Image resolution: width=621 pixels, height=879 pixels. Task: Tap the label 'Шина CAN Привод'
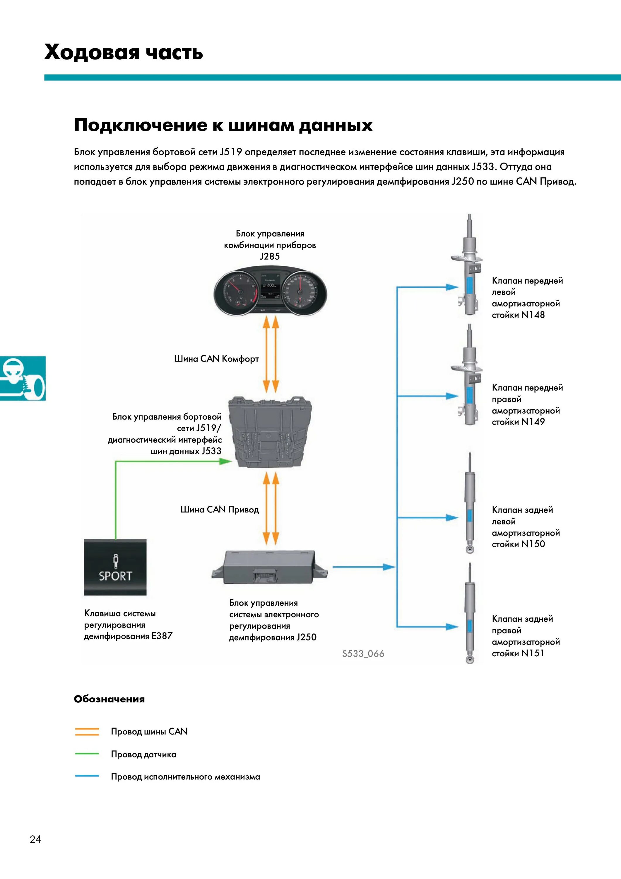pos(220,509)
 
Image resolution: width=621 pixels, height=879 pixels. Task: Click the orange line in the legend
pos(87,732)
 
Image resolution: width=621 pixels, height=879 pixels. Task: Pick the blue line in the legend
pos(87,776)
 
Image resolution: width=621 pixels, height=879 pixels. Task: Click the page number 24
pos(36,839)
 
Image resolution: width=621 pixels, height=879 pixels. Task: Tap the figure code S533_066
pos(363,653)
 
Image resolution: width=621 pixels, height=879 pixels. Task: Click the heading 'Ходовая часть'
pos(123,52)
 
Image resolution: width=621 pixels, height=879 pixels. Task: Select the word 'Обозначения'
pos(110,699)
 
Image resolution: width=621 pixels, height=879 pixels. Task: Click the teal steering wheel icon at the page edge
pos(22,378)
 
